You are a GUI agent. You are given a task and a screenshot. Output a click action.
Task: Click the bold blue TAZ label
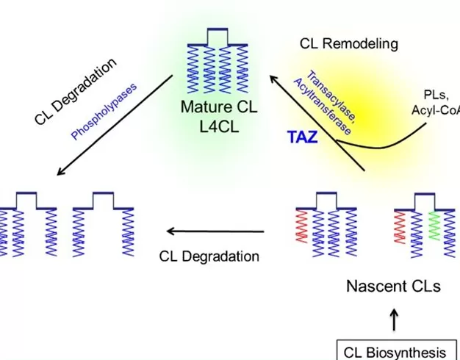(x=302, y=136)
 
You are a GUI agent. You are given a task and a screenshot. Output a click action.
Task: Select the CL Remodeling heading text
(x=348, y=43)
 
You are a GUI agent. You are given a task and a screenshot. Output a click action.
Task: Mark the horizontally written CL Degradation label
(x=209, y=256)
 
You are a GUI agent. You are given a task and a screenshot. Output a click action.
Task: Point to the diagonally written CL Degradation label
(x=76, y=90)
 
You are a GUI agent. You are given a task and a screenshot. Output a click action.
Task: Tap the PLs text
(x=438, y=95)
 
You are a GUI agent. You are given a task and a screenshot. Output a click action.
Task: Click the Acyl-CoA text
(x=436, y=111)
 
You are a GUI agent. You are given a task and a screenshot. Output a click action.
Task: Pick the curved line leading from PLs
(x=389, y=145)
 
